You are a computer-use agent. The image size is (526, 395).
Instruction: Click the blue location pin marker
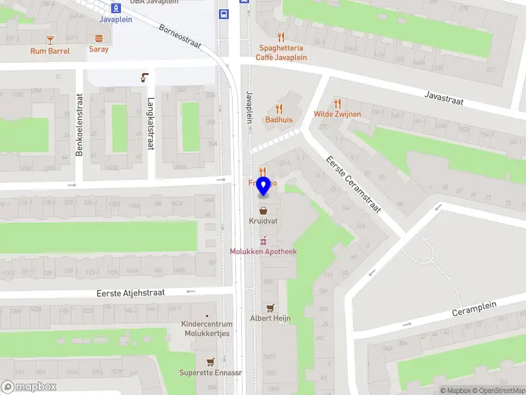264,186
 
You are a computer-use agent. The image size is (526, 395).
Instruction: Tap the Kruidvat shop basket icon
264,211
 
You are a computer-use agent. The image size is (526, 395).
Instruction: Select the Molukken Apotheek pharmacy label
263,251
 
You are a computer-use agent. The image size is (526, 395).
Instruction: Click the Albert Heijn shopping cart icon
270,307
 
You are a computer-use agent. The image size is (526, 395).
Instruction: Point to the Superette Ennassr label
210,373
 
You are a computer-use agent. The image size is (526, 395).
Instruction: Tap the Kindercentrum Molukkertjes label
206,329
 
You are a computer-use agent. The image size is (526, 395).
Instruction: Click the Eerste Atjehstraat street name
130,292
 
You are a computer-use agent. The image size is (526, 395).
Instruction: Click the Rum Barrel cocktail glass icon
50,39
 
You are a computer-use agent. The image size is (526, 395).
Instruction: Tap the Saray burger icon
99,38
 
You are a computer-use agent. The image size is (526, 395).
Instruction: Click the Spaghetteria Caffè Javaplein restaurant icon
281,37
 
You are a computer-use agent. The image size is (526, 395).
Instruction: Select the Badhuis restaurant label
279,120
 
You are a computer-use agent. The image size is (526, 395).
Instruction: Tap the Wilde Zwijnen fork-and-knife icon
337,103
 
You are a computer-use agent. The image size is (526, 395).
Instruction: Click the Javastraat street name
444,98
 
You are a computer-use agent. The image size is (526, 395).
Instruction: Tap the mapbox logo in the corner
29,387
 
